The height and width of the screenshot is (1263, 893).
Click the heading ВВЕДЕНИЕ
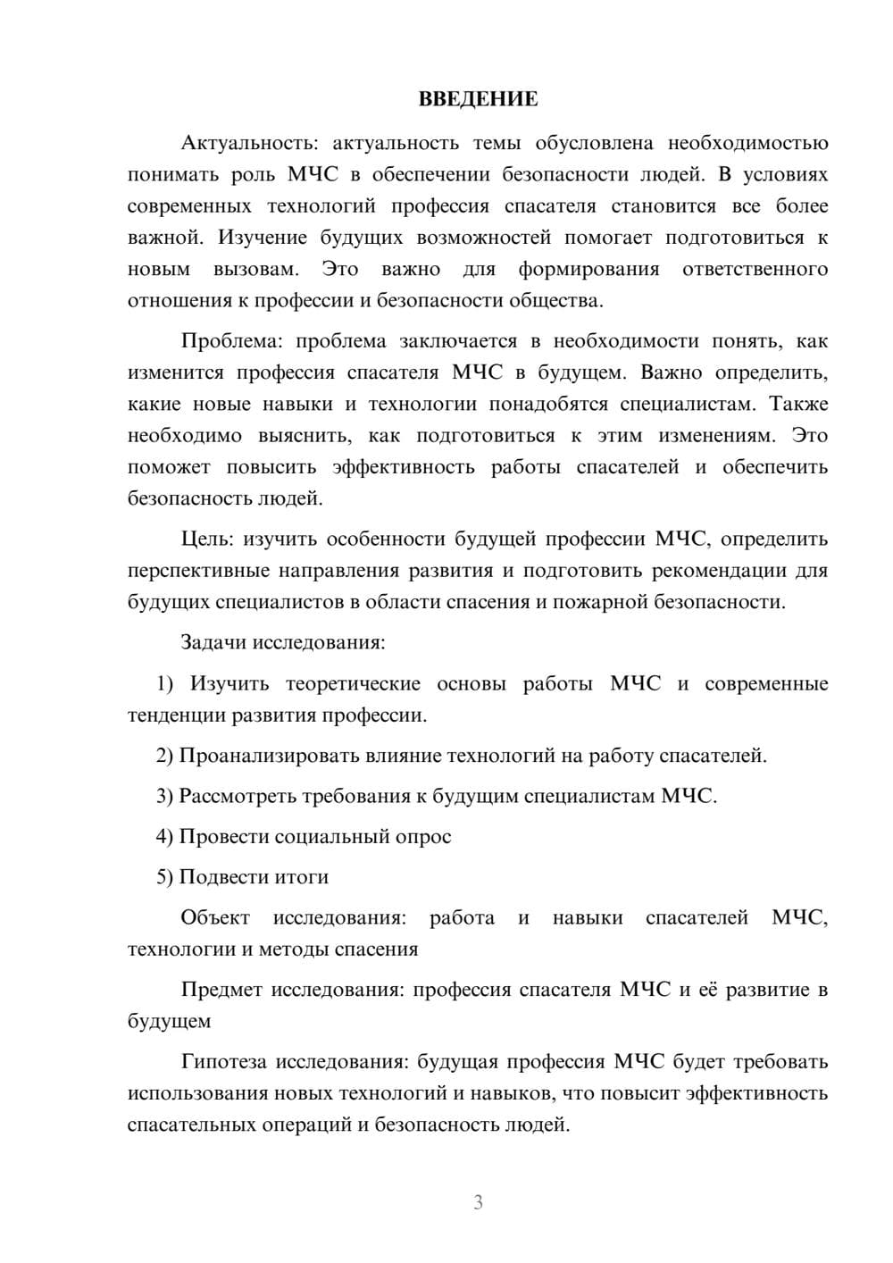point(478,99)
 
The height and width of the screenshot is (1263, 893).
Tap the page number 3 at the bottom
point(478,1202)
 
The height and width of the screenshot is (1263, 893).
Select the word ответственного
point(755,269)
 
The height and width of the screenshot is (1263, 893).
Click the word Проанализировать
point(269,756)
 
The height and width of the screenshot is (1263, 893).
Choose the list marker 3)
point(165,796)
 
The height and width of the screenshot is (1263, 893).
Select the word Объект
point(215,917)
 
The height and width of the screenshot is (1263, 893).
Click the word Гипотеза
point(224,1061)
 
